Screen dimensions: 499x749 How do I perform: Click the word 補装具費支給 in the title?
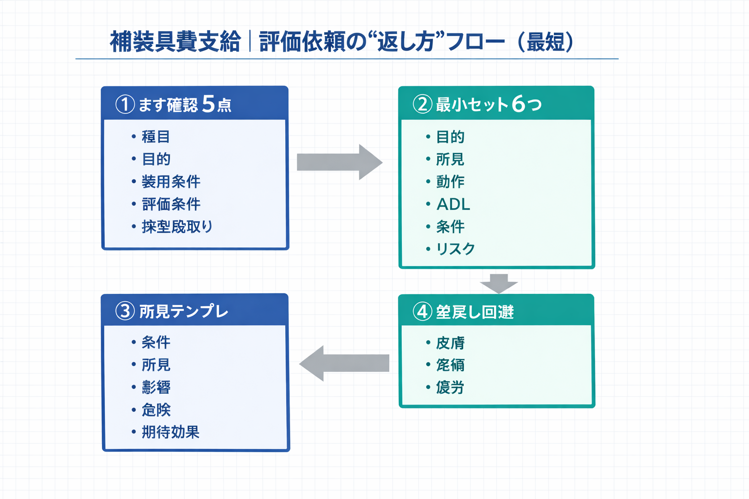(x=175, y=42)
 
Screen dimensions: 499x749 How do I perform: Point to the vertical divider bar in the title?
(x=250, y=41)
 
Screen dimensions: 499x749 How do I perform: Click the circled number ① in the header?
(x=125, y=104)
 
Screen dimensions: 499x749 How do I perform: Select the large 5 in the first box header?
(x=208, y=104)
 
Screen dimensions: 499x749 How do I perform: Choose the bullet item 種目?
(x=156, y=136)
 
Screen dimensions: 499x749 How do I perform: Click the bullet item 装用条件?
(x=171, y=182)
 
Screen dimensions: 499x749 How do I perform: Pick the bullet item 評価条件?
(x=171, y=204)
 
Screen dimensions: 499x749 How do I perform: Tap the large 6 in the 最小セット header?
(x=518, y=104)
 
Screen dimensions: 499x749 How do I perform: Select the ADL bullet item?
(x=453, y=204)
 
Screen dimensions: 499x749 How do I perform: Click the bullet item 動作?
(x=450, y=182)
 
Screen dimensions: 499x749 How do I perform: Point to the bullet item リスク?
(x=455, y=249)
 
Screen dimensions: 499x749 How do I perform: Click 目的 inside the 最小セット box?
(x=450, y=137)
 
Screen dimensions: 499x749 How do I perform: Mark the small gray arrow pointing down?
(x=498, y=283)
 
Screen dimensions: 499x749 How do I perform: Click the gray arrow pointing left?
(x=344, y=363)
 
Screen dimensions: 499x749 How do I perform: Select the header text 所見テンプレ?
(x=184, y=311)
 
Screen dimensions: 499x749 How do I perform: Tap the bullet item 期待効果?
(x=171, y=432)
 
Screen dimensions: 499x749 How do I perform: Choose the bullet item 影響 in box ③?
(x=156, y=387)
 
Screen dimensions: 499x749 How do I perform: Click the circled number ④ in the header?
(x=422, y=311)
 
